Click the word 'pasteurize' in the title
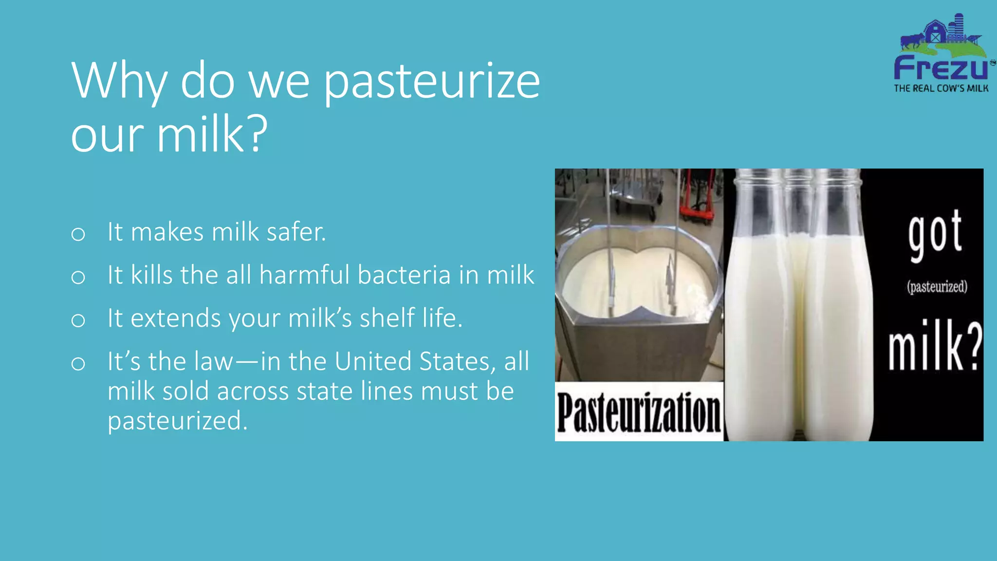pos(431,82)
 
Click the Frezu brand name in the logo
pos(941,68)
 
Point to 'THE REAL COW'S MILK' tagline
pos(941,89)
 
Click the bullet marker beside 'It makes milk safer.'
pos(78,234)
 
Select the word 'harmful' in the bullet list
pos(304,275)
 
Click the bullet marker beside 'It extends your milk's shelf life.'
pos(78,320)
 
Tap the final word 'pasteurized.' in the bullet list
pos(178,421)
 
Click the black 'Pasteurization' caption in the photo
pos(638,412)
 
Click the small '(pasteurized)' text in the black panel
pos(937,286)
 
